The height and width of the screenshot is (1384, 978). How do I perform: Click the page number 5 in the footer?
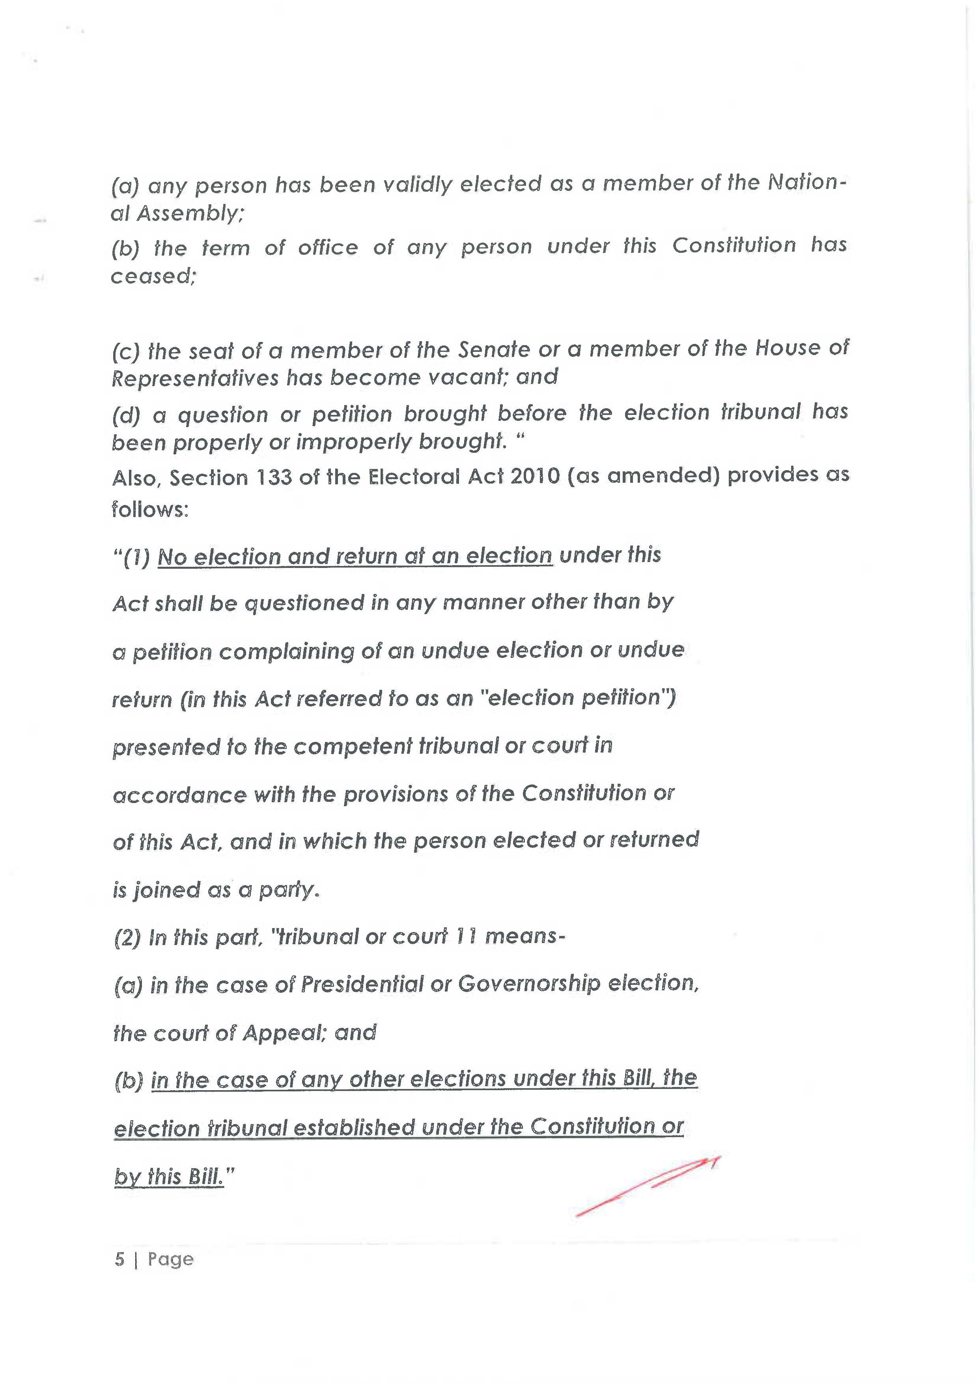click(119, 1259)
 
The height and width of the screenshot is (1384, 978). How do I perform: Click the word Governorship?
click(529, 983)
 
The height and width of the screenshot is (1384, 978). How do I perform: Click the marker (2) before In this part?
click(127, 938)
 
